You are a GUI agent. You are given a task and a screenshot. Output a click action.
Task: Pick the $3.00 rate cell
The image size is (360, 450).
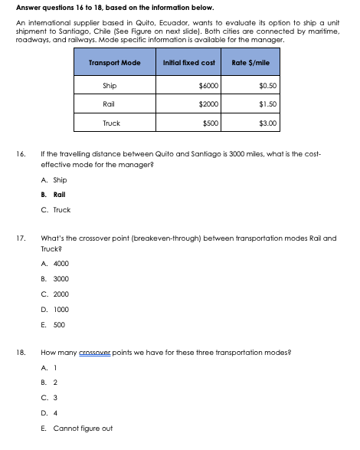[267, 122]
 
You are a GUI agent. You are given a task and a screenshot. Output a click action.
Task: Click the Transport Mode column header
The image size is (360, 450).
[115, 61]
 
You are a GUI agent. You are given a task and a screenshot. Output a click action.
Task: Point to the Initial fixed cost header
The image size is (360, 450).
[188, 61]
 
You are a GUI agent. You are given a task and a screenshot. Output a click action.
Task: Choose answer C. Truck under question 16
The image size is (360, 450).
[57, 209]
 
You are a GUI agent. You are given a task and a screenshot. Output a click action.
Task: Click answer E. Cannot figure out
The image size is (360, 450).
[77, 428]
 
